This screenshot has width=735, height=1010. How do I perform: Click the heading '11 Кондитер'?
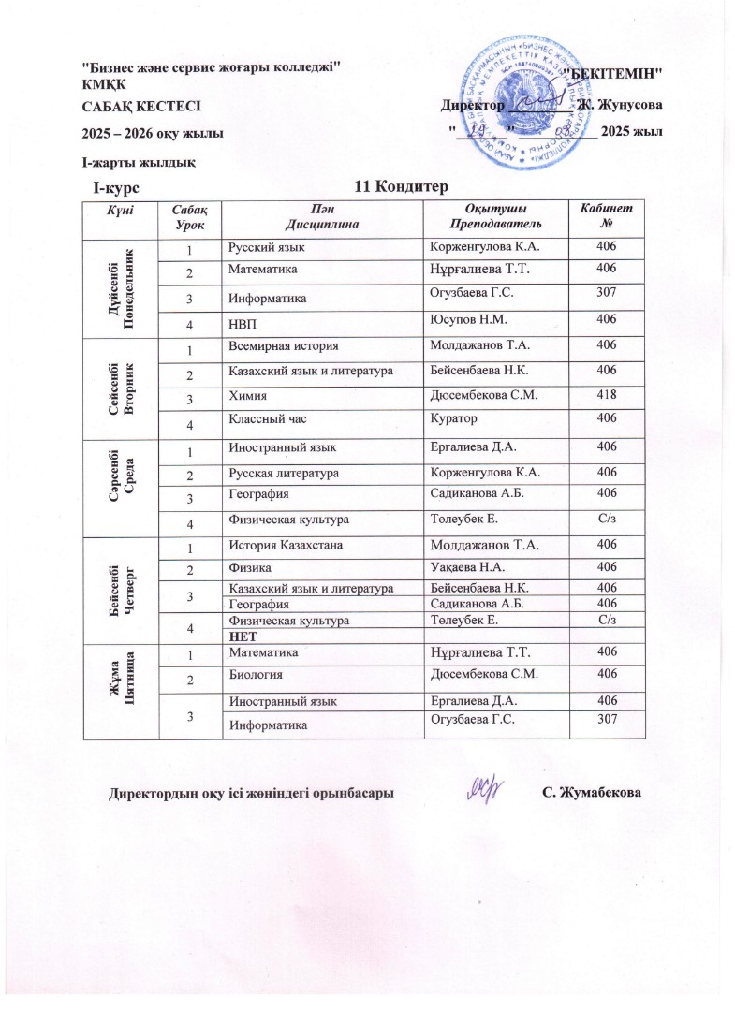tap(399, 187)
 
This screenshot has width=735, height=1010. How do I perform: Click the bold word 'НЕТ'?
tap(243, 636)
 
